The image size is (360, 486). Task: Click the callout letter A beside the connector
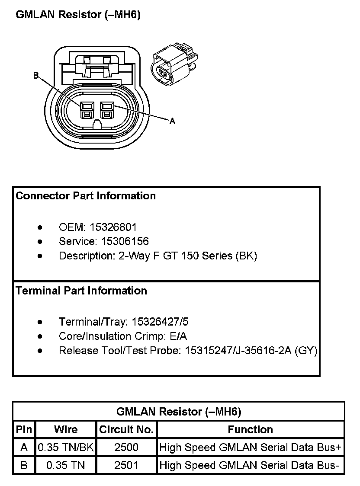172,121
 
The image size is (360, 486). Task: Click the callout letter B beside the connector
36,76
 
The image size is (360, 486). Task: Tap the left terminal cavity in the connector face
87,109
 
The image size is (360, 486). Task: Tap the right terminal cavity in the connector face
106,109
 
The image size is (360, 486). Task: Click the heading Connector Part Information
86,196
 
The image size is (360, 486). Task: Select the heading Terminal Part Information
81,291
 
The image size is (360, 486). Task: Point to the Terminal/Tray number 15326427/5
160,322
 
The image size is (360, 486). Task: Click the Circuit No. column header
126,430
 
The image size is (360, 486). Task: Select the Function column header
250,430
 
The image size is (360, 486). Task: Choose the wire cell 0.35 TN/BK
66,448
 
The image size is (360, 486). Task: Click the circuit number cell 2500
126,448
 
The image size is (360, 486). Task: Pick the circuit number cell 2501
126,466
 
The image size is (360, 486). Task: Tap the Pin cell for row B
24,466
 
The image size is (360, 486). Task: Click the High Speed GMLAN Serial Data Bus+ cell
250,448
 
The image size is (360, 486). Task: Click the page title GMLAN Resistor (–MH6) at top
78,15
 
